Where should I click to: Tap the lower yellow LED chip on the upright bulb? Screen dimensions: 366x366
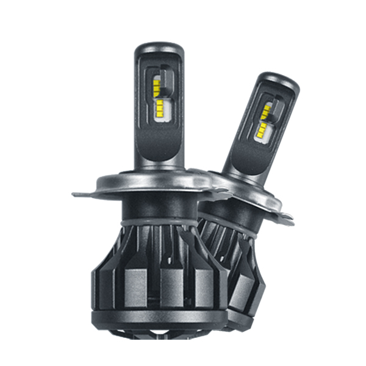click(158, 110)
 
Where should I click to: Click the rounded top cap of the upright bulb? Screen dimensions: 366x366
click(159, 49)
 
